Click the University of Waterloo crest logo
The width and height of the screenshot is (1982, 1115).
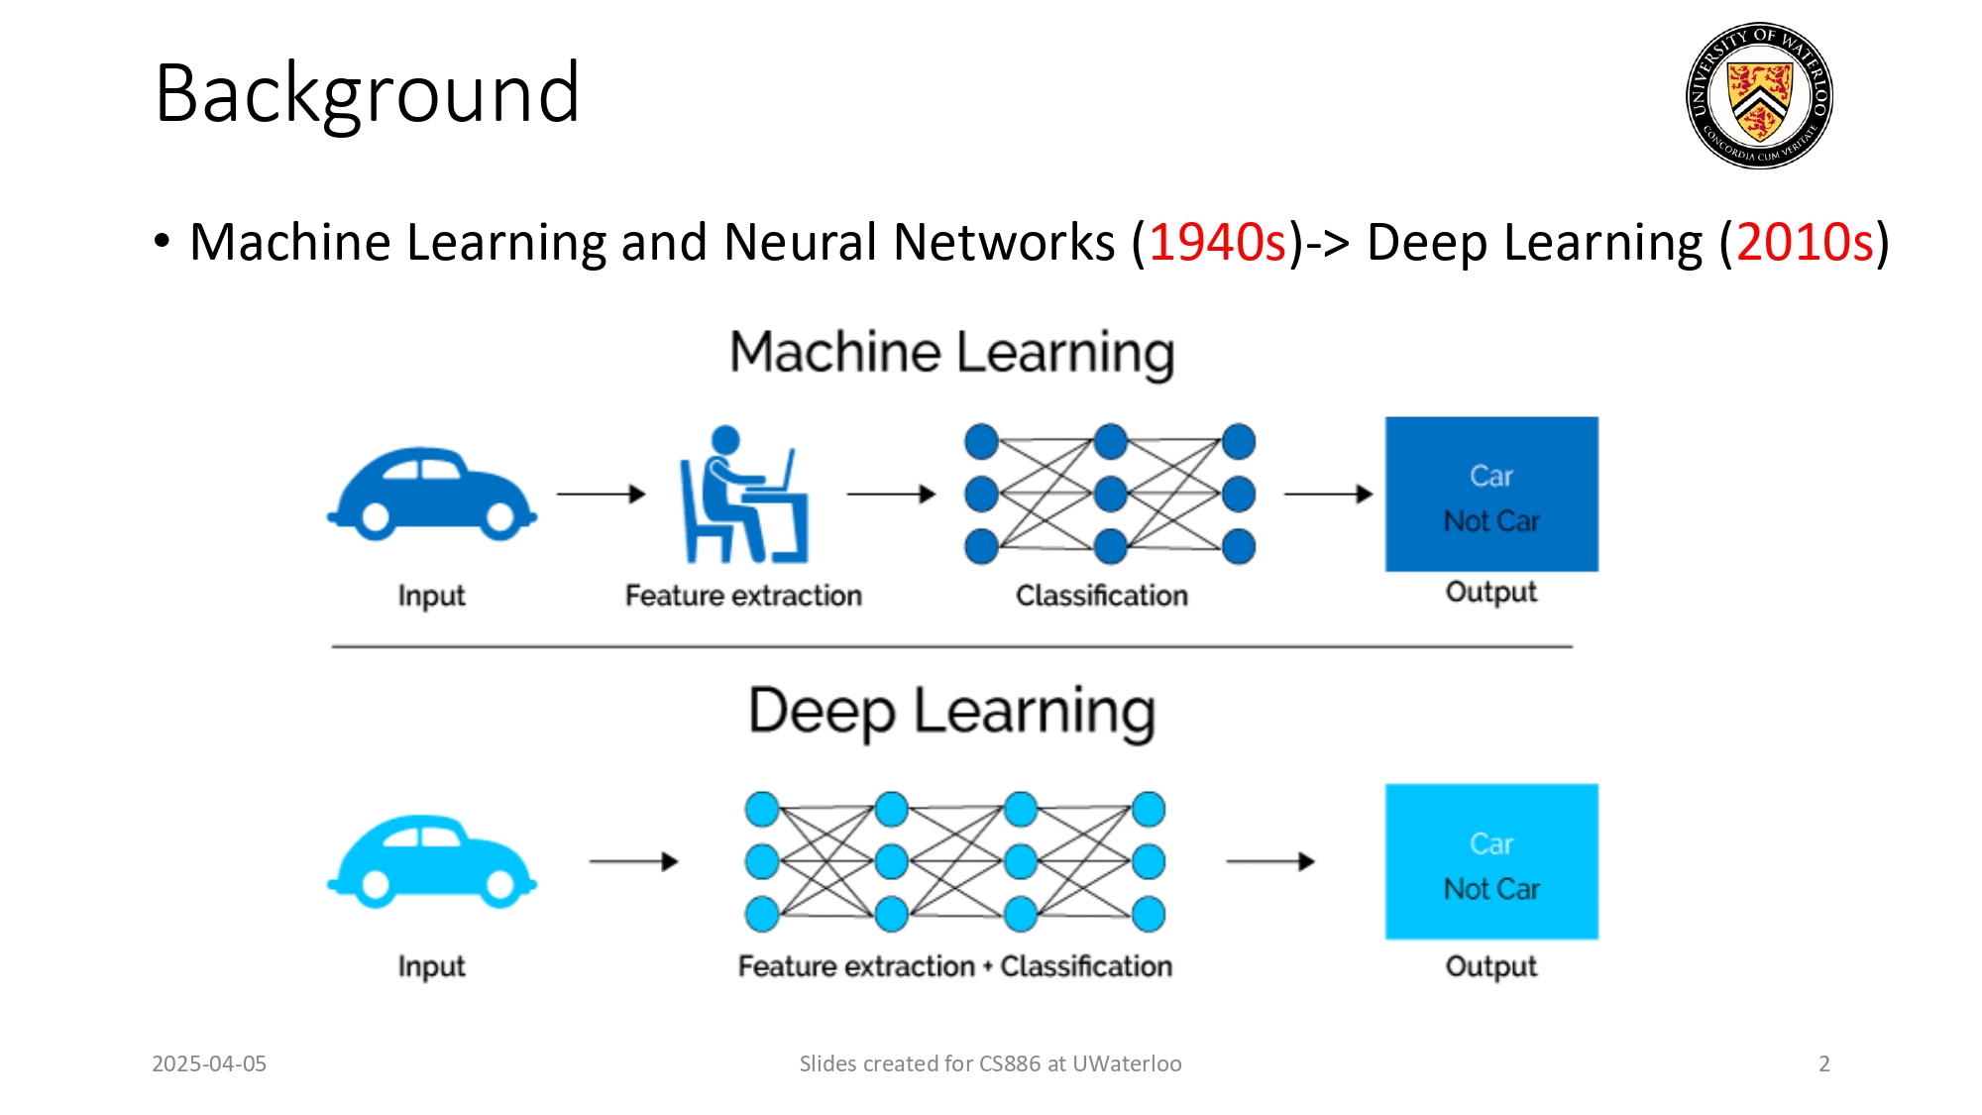coord(1759,95)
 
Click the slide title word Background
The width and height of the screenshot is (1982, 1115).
coord(367,93)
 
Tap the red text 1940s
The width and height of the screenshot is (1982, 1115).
coord(1217,242)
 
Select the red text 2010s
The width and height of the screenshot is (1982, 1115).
coord(1805,242)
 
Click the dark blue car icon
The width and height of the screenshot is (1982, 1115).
coord(432,493)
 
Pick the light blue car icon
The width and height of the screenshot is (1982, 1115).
coord(432,861)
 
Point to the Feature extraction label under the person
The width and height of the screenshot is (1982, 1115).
coord(743,596)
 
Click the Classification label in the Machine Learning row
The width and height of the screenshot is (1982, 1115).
coord(1101,596)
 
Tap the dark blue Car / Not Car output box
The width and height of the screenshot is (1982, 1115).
coord(1491,495)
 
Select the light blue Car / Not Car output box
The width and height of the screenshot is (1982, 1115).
coord(1491,861)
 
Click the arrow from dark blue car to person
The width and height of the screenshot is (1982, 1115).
coord(602,494)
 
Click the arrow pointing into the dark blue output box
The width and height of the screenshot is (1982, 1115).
coord(1329,494)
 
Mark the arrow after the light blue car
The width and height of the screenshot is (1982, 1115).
coord(634,861)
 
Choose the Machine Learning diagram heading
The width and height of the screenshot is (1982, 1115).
coord(951,353)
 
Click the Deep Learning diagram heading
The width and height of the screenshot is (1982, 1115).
coord(951,711)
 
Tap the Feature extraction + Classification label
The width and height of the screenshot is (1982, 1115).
coord(954,966)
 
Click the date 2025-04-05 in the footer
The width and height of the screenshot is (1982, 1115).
coord(209,1063)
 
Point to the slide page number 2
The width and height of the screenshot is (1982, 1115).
coord(1823,1063)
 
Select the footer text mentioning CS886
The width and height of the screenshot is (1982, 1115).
coord(990,1063)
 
